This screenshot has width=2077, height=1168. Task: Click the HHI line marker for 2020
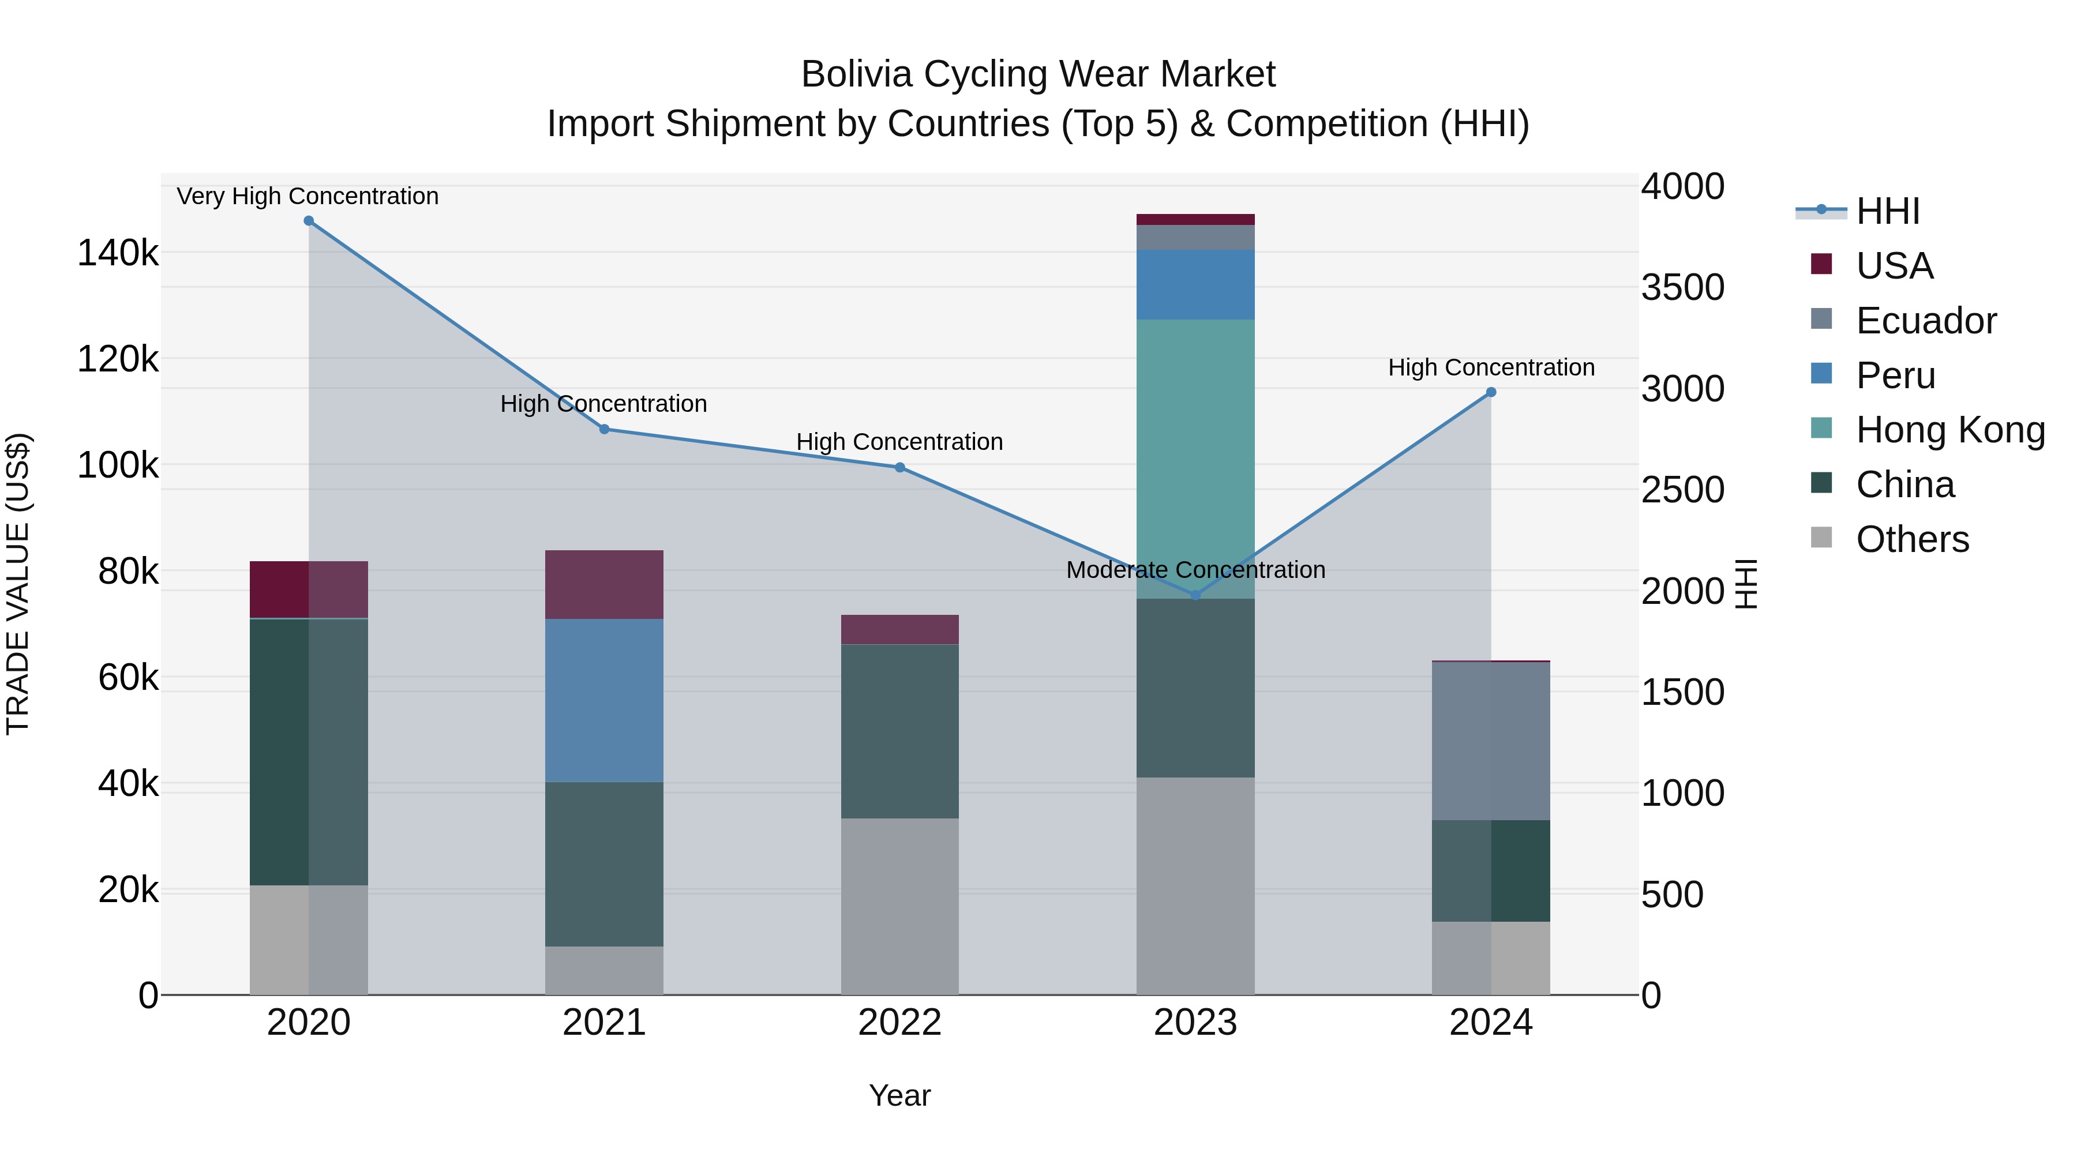pyautogui.click(x=309, y=221)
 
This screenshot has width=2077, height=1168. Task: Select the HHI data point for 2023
pyautogui.click(x=1196, y=595)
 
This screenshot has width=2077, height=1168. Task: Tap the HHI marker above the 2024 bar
pyautogui.click(x=1491, y=393)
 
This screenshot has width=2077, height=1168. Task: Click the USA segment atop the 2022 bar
pyautogui.click(x=900, y=629)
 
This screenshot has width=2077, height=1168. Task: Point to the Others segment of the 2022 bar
pyautogui.click(x=900, y=906)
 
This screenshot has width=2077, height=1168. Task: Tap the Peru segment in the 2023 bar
pyautogui.click(x=1196, y=284)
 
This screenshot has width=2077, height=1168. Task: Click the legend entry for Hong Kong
pyautogui.click(x=1949, y=430)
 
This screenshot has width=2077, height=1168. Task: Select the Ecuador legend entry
pyautogui.click(x=1925, y=321)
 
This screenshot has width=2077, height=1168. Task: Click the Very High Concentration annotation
pyautogui.click(x=308, y=196)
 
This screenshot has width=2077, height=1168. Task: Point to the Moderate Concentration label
pyautogui.click(x=1196, y=570)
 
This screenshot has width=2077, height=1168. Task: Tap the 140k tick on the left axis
pyautogui.click(x=118, y=253)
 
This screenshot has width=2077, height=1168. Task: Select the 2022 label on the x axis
pyautogui.click(x=900, y=1023)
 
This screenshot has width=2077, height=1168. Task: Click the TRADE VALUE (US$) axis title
pyautogui.click(x=18, y=584)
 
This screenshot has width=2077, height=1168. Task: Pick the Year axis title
pyautogui.click(x=900, y=1095)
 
